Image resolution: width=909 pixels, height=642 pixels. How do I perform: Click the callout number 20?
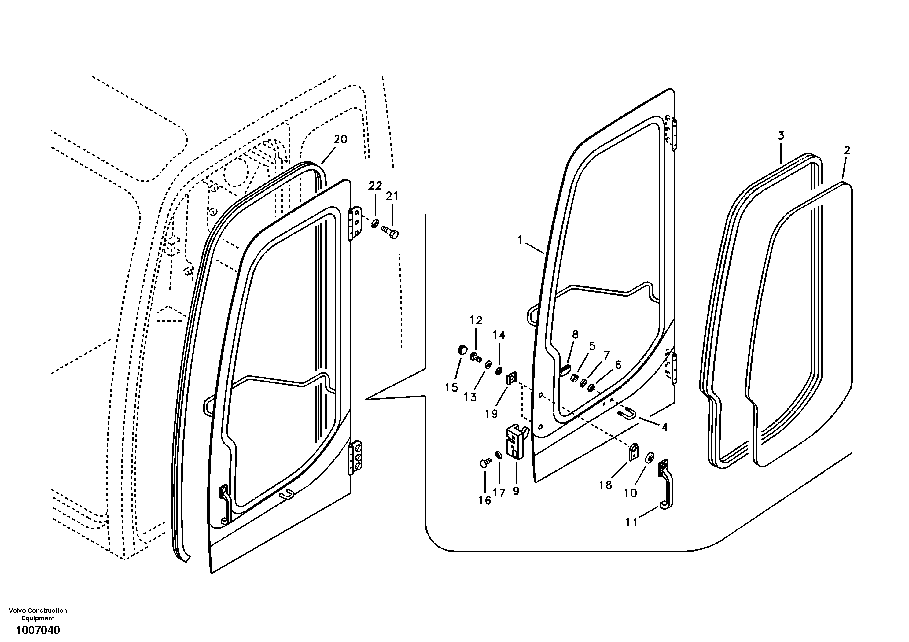tap(340, 140)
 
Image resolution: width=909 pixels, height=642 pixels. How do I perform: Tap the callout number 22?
tap(375, 186)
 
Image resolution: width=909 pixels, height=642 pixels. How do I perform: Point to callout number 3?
tap(781, 136)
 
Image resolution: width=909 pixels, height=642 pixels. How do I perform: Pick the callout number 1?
tap(520, 240)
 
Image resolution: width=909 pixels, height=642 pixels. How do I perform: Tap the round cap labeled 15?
tap(462, 350)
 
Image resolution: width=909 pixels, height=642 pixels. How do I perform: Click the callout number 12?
tap(476, 321)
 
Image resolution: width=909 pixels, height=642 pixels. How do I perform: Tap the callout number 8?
tap(575, 335)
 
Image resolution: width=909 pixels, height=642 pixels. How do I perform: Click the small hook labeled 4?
tap(628, 414)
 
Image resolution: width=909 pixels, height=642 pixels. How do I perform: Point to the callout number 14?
tap(499, 335)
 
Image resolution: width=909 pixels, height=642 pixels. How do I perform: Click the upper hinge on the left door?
tap(355, 224)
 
